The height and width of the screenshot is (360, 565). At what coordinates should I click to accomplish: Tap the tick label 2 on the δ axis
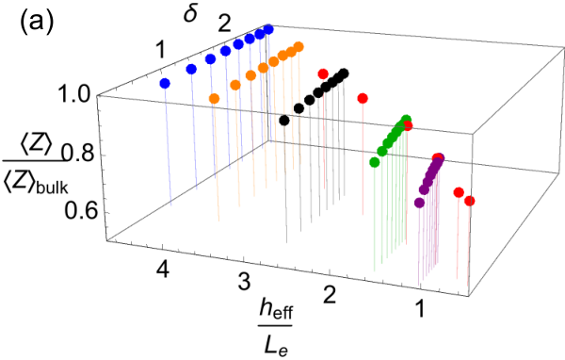tap(224, 25)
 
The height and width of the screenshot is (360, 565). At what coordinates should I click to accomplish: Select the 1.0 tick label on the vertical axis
tap(74, 95)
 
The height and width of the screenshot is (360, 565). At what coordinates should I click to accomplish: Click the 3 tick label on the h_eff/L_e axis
tap(244, 282)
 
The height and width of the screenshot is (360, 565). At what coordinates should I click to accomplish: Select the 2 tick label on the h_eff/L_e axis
tap(330, 294)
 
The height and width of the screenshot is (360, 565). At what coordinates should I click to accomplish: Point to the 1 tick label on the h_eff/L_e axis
tap(419, 309)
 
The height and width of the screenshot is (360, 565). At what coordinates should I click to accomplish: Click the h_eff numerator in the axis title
tap(275, 310)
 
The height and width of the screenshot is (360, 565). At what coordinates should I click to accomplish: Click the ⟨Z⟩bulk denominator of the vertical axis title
tap(36, 184)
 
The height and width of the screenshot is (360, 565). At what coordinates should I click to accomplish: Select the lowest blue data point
tap(165, 84)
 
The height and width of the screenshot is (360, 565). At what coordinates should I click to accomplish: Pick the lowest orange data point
tap(215, 98)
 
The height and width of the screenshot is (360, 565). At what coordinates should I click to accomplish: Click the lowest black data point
tap(284, 121)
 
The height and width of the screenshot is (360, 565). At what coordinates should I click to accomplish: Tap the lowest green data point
tap(375, 162)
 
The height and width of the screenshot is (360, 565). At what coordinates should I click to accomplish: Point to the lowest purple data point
tap(419, 203)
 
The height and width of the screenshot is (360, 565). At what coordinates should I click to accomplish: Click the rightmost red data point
tap(470, 201)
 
